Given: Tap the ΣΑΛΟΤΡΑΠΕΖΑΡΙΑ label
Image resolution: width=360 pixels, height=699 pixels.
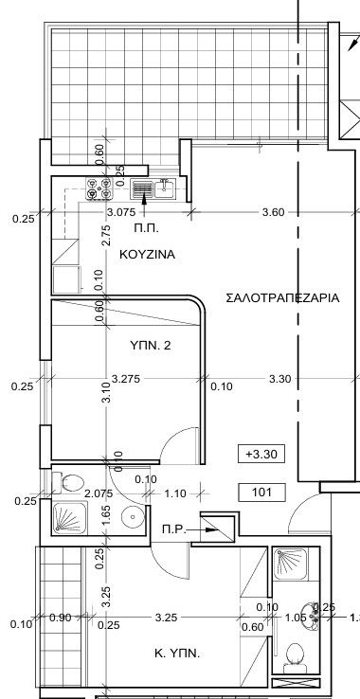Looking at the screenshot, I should tap(282, 297).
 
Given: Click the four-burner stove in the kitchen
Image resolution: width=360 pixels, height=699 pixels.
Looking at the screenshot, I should tap(99, 190).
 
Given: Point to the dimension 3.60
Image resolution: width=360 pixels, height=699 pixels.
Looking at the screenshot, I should tap(273, 213).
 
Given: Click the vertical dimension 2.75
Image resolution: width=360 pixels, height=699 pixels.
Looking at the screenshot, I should tap(106, 235).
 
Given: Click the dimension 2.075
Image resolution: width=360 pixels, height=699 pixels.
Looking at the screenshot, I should tap(99, 493).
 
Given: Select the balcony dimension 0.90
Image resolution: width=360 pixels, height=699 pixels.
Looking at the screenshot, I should tap(60, 618).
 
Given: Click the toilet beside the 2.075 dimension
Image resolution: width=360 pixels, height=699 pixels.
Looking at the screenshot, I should tap(68, 483).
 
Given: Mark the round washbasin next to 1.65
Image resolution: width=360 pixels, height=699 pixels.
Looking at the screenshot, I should tap(132, 518).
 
